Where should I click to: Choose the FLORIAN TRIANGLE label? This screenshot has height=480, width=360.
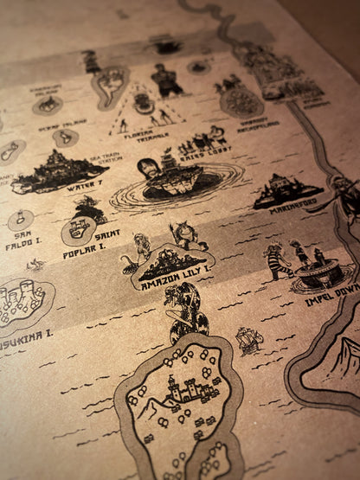pos(141,138)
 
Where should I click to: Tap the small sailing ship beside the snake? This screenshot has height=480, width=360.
pos(248,341)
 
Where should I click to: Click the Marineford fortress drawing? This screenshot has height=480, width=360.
pos(288,190)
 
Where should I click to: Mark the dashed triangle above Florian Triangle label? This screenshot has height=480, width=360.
pos(142,111)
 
